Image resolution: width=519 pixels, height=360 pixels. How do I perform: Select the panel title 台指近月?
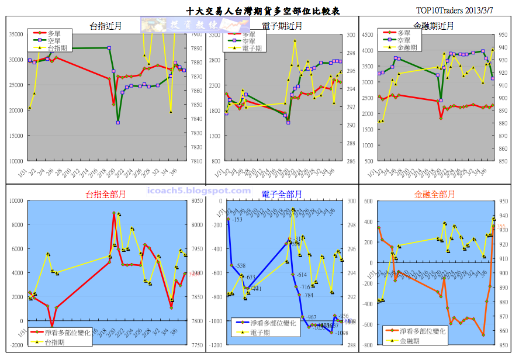click(106, 26)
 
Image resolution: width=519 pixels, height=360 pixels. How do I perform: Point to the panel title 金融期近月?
click(434, 26)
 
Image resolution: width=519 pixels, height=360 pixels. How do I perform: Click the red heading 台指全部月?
click(106, 194)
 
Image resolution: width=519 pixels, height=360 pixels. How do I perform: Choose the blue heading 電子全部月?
click(282, 194)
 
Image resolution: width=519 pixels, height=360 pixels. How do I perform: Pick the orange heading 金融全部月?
click(435, 194)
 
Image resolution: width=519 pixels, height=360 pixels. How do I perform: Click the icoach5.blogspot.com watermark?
click(196, 191)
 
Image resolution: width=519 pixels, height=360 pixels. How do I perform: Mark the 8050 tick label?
click(196, 200)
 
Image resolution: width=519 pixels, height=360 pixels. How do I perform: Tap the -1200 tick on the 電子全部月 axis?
click(216, 345)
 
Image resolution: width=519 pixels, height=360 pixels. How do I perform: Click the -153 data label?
click(237, 220)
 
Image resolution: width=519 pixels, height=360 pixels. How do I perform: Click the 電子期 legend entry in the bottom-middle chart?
click(259, 332)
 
